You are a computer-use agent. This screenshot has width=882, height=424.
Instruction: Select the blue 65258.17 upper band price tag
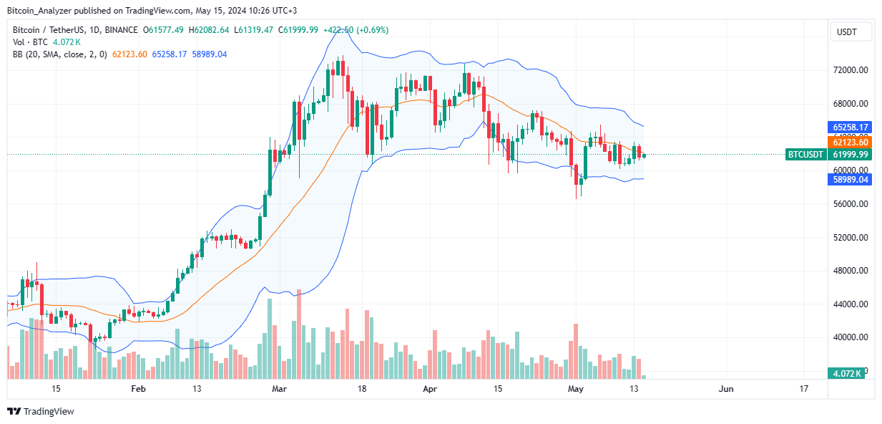[x=850, y=127]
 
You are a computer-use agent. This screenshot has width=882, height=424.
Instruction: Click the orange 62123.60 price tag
[x=850, y=143]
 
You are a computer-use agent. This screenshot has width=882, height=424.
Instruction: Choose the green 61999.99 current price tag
[x=850, y=154]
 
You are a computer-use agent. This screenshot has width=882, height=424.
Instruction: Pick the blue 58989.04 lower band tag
[x=850, y=180]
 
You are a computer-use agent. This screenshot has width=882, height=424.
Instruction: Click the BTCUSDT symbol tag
[x=805, y=154]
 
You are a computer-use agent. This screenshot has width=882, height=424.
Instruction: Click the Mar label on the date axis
[x=280, y=389]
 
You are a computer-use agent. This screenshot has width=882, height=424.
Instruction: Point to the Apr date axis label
[x=429, y=389]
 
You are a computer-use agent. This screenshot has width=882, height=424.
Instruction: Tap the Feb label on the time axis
[x=138, y=389]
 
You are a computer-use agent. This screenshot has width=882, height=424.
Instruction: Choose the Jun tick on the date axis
[x=725, y=389]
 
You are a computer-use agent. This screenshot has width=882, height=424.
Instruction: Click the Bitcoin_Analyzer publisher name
[x=41, y=10]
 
